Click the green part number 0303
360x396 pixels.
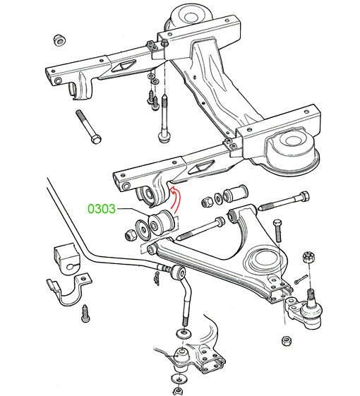tap(102, 209)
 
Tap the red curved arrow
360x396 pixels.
tap(176, 200)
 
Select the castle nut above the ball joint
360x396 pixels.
tap(308, 258)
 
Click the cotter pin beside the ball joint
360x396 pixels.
tap(301, 279)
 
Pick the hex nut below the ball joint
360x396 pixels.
tap(287, 341)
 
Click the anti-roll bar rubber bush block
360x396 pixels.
tap(66, 259)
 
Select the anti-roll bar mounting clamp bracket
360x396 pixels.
tap(68, 289)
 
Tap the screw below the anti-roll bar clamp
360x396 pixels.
tap(85, 313)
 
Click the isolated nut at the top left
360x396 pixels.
tap(60, 40)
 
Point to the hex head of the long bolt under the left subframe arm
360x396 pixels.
tap(96, 138)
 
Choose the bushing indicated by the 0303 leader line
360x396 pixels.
tap(161, 221)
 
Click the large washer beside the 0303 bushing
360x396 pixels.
tap(143, 229)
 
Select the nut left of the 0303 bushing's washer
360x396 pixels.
tap(131, 235)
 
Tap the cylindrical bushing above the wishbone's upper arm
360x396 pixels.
tap(234, 193)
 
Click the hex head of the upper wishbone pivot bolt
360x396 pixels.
tap(304, 197)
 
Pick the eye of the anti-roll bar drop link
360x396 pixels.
tap(179, 272)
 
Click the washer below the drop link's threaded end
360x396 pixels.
tap(184, 333)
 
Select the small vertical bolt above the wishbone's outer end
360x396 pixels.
tap(277, 230)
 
